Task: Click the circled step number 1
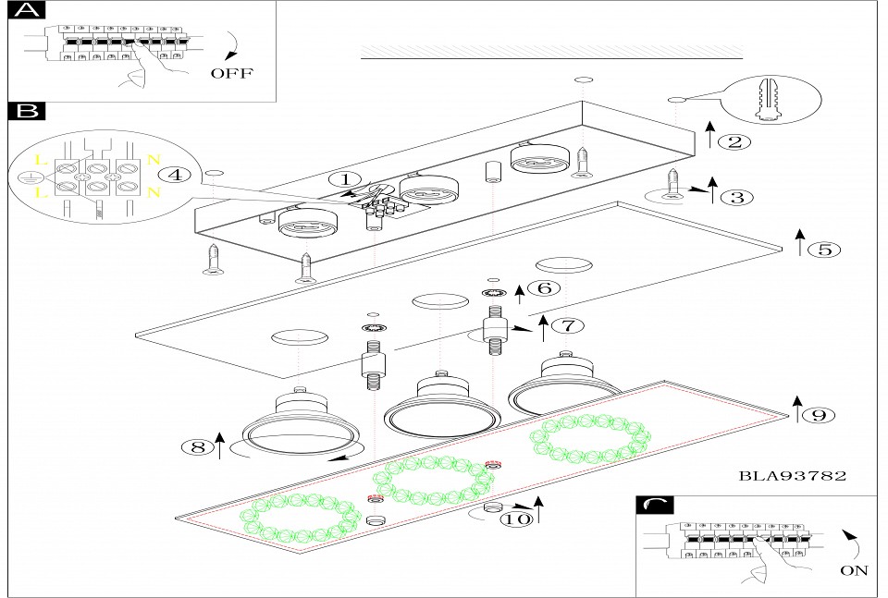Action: pos(345,179)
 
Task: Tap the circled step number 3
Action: pos(737,197)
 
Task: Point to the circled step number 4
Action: pos(175,174)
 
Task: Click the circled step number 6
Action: pos(545,287)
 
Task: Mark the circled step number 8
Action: pos(196,447)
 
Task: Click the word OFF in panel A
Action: pos(230,74)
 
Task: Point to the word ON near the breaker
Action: pos(854,570)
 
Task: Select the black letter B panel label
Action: pos(25,112)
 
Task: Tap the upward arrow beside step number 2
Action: pos(709,135)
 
